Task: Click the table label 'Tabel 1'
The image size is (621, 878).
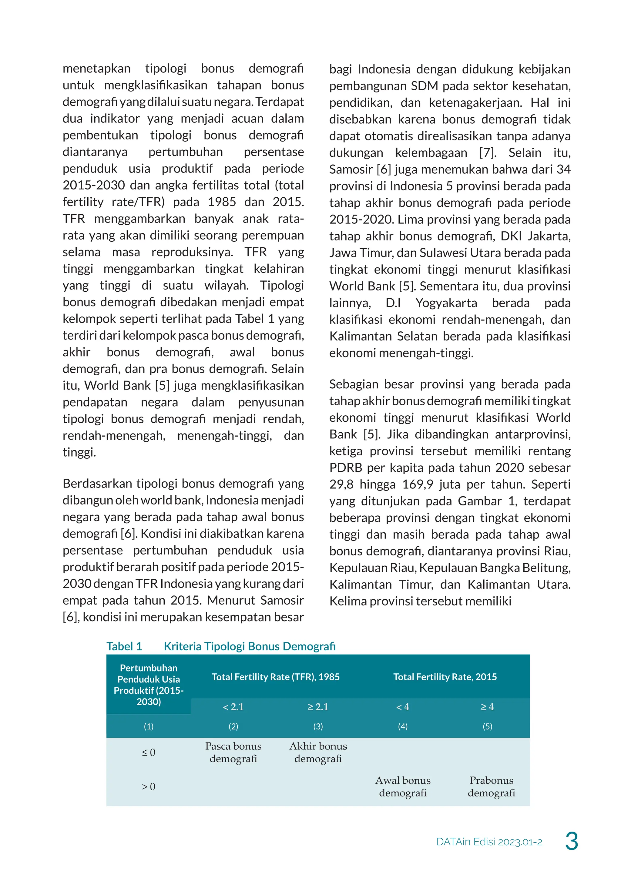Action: tap(124, 646)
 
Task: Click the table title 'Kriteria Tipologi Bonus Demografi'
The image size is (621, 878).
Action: tap(249, 646)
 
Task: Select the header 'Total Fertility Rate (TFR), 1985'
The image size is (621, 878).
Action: tap(275, 677)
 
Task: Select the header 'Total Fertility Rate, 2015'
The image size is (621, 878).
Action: tap(445, 677)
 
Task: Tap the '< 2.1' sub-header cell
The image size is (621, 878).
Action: tap(233, 707)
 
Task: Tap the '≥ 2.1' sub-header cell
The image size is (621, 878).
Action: tap(318, 707)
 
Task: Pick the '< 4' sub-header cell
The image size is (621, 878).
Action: tap(403, 707)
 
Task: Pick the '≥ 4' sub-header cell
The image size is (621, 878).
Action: tap(487, 707)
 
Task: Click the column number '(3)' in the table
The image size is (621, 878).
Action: tap(318, 726)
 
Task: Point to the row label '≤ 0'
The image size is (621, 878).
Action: tap(148, 752)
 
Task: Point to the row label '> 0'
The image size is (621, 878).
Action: tap(148, 787)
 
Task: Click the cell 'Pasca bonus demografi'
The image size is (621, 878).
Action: tap(233, 752)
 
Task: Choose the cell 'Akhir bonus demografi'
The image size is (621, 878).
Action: tap(318, 752)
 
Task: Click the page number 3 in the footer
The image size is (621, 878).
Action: tap(571, 841)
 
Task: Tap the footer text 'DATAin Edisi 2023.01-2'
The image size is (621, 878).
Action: tap(489, 842)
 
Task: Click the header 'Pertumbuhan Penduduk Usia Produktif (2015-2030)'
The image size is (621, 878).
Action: tap(148, 685)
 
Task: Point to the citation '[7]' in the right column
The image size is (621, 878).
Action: tap(488, 152)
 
